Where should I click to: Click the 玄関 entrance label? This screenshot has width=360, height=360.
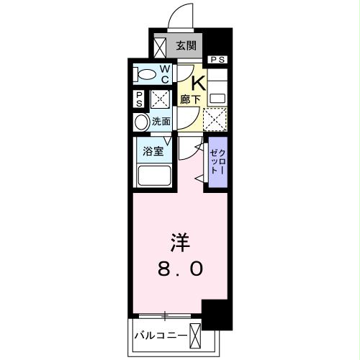tap(186, 45)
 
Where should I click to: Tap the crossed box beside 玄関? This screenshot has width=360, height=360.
tap(160, 46)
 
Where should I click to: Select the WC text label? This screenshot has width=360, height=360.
tap(164, 73)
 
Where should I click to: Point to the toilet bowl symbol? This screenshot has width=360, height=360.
tap(146, 74)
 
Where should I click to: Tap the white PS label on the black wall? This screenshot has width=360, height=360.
tap(217, 59)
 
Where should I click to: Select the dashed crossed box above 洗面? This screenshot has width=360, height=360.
tap(160, 99)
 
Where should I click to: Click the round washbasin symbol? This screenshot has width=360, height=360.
tap(141, 122)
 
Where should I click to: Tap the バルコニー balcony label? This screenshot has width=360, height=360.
tap(161, 333)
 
